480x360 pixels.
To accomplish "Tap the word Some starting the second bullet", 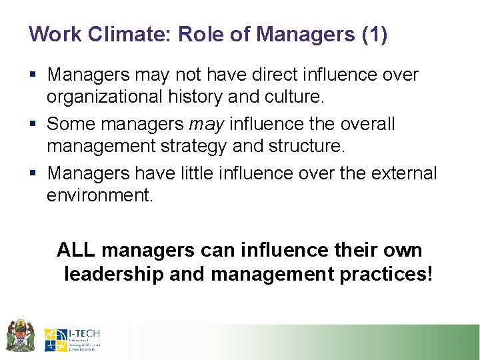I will (x=71, y=124).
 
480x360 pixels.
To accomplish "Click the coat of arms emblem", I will (x=21, y=335).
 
